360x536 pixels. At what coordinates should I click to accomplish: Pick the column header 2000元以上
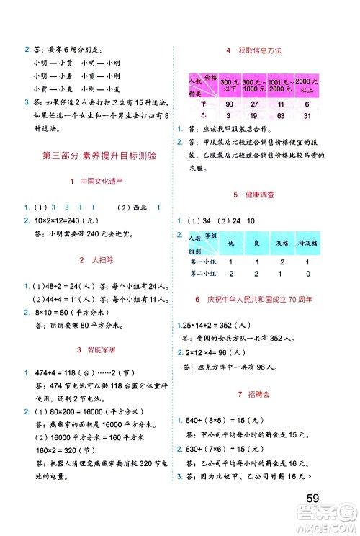[x=307, y=84]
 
